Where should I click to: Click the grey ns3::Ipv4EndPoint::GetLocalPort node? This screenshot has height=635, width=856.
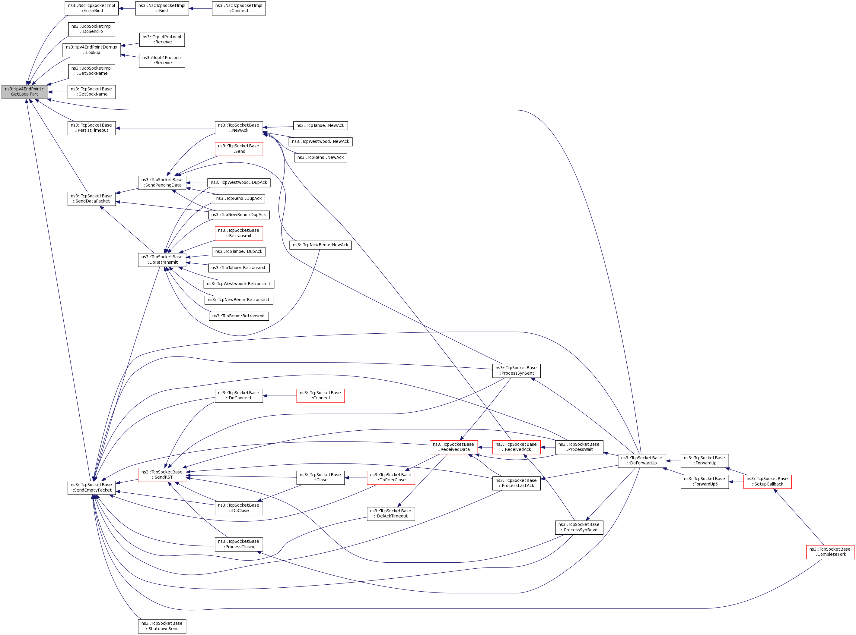pyautogui.click(x=25, y=92)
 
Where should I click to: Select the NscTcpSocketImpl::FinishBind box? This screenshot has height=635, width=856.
pyautogui.click(x=91, y=8)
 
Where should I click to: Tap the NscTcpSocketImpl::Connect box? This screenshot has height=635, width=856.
pyautogui.click(x=239, y=8)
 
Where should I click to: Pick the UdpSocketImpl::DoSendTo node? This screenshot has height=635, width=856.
pyautogui.click(x=91, y=29)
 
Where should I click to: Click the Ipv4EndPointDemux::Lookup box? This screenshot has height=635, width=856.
pyautogui.click(x=91, y=50)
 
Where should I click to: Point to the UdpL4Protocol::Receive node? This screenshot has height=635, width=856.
pyautogui.click(x=162, y=60)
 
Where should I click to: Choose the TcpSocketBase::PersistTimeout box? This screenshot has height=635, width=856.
pyautogui.click(x=91, y=128)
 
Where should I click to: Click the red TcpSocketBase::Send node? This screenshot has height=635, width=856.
pyautogui.click(x=239, y=149)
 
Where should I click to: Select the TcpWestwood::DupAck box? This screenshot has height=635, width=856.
pyautogui.click(x=239, y=183)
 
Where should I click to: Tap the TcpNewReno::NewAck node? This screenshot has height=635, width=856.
pyautogui.click(x=320, y=245)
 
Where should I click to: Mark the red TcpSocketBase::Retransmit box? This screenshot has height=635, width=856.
pyautogui.click(x=239, y=233)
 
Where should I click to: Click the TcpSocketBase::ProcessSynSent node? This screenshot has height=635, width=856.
pyautogui.click(x=516, y=371)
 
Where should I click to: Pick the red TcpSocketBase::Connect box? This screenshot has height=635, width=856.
pyautogui.click(x=320, y=395)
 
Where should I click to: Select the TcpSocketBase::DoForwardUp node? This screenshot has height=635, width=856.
pyautogui.click(x=642, y=461)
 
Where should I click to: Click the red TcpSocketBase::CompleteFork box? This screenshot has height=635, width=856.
pyautogui.click(x=830, y=552)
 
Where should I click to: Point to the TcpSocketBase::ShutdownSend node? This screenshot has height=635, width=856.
pyautogui.click(x=162, y=626)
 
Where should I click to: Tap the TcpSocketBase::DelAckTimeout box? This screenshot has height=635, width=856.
pyautogui.click(x=390, y=514)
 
